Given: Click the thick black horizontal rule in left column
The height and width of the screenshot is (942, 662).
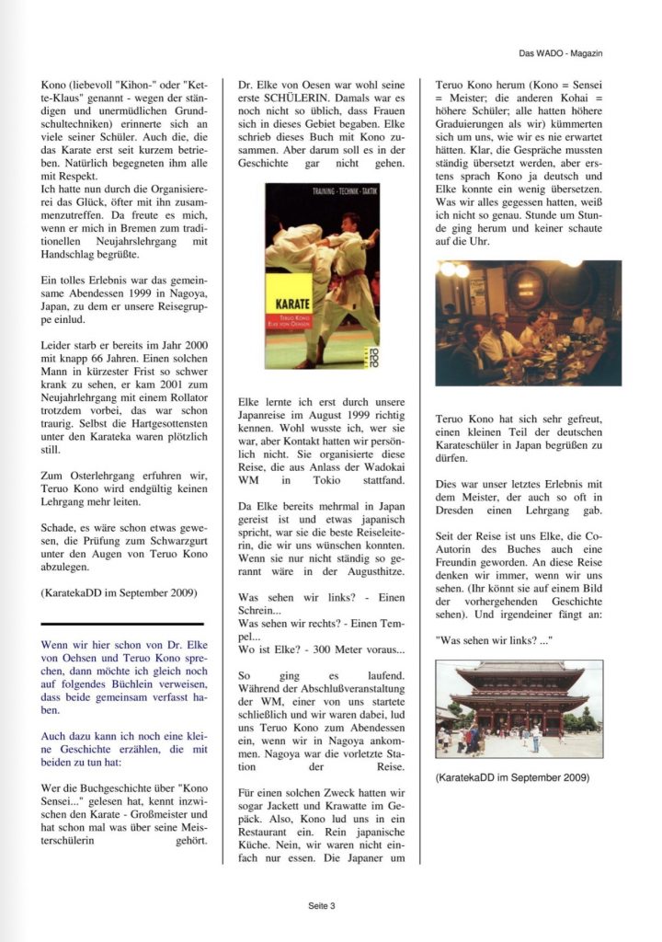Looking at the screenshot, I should (122, 624).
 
